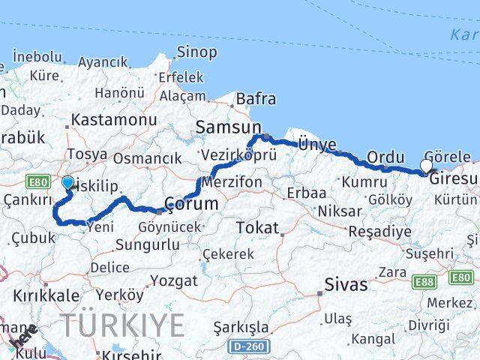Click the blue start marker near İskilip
click(x=67, y=182)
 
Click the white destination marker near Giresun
click(x=427, y=166)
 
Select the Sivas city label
click(x=346, y=284)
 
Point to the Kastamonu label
click(x=114, y=120)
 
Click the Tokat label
click(x=257, y=227)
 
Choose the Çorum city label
click(x=191, y=203)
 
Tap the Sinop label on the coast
click(x=196, y=52)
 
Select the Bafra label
click(x=256, y=99)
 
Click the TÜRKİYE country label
click(x=122, y=325)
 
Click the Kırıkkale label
click(x=46, y=295)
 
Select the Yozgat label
click(x=174, y=281)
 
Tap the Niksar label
click(x=338, y=211)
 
